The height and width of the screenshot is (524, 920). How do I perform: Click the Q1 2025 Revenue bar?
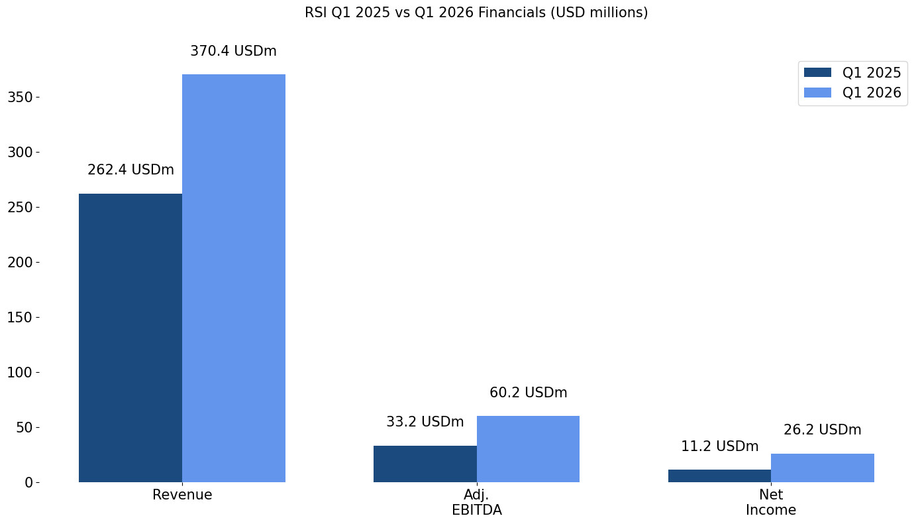[x=130, y=338]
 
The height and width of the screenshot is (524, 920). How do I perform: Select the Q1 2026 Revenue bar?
[x=234, y=278]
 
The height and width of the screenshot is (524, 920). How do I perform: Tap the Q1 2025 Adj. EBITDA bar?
[x=425, y=464]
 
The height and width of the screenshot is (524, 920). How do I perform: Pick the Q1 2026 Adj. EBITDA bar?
[x=528, y=449]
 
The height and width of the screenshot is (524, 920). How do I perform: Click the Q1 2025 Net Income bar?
[x=719, y=476]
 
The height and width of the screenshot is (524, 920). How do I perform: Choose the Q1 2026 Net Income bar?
[x=823, y=468]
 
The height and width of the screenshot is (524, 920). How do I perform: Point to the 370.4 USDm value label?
[x=233, y=51]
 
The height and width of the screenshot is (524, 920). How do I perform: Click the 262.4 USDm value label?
[x=130, y=170]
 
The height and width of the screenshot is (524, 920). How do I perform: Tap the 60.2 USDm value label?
[x=528, y=393]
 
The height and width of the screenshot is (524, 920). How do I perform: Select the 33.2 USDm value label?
[x=425, y=422]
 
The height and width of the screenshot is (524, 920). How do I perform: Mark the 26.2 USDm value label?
[x=822, y=430]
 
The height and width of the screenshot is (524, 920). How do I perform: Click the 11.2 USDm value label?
[x=719, y=446]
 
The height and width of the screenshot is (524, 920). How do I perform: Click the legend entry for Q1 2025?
[x=852, y=73]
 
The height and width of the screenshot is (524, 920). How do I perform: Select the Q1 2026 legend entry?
[x=852, y=93]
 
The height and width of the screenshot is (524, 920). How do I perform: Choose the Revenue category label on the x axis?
[x=182, y=495]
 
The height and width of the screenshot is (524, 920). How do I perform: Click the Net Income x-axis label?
[x=771, y=502]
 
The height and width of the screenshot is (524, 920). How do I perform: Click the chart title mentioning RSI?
[x=476, y=13]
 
